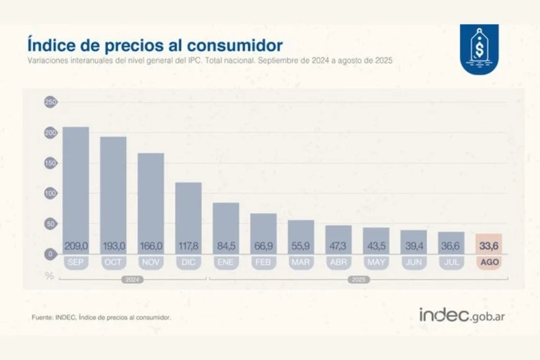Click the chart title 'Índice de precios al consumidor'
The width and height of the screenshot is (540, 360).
pos(155,45)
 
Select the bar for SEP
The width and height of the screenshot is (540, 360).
pos(76,186)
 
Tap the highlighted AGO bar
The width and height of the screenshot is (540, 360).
pos(488,243)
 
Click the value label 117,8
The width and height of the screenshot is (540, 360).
pos(188,246)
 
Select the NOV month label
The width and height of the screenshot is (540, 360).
pos(151,263)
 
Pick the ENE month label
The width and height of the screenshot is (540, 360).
pos(225,263)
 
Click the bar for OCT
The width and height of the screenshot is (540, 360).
pos(114,192)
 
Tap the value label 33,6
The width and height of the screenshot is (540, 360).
pos(488,246)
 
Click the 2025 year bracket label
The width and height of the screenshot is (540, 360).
pos(358,280)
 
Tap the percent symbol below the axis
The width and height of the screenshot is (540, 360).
pos(50,275)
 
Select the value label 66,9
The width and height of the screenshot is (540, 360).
pos(263,246)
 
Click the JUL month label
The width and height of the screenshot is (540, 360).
pos(451,263)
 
